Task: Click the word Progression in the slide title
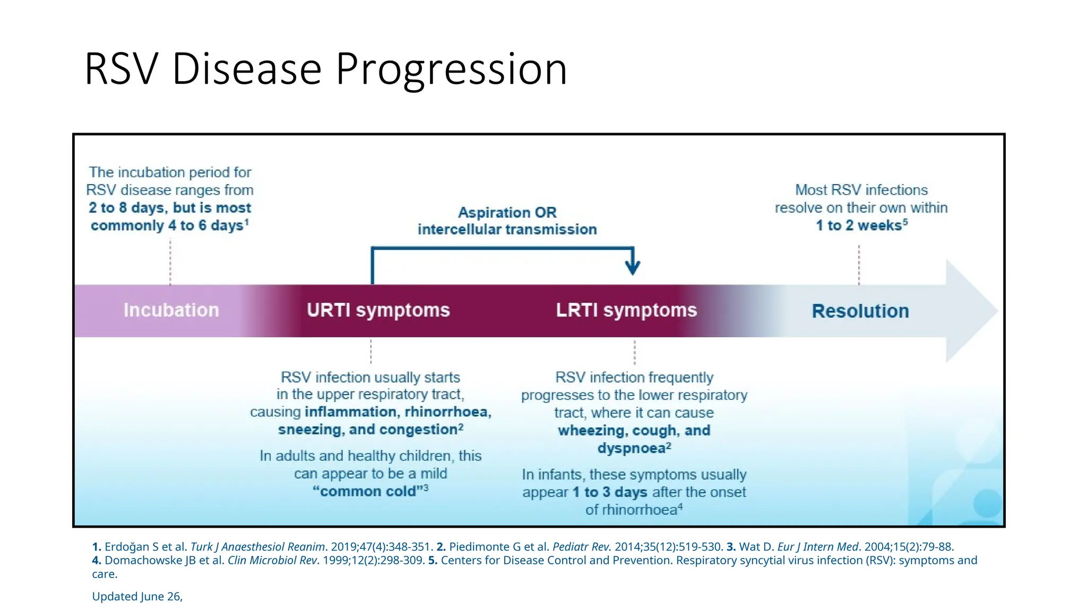point(451,69)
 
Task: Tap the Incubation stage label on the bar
point(171,310)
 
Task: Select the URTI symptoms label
point(378,310)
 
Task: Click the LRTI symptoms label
point(626,310)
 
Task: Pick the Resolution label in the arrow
point(860,311)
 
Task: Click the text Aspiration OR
point(507,213)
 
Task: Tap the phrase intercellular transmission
point(507,230)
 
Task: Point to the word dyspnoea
point(631,449)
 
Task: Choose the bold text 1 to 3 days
point(609,492)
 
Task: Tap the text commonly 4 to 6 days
point(167,225)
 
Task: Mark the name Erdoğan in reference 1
point(127,547)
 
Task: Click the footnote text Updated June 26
point(137,597)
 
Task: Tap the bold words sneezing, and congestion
point(367,430)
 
